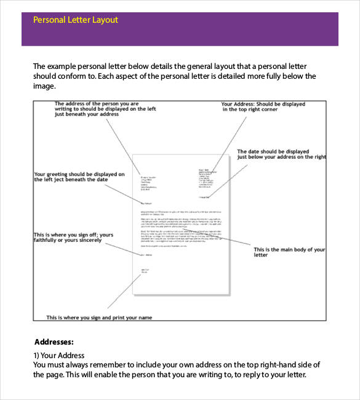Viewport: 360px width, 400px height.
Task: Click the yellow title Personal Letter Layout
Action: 75,20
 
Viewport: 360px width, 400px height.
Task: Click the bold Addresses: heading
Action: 54,342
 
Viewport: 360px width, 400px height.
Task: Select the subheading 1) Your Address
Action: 58,356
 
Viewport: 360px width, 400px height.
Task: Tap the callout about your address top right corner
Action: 263,107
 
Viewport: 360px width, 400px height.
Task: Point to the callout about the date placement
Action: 281,154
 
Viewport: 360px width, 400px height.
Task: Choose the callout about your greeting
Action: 79,177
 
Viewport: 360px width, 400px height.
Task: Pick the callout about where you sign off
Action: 73,238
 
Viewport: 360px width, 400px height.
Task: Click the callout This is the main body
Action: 289,252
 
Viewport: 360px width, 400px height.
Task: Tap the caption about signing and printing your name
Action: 99,318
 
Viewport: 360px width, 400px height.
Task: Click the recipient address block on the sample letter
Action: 148,181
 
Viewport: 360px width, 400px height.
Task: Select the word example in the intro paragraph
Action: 63,66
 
